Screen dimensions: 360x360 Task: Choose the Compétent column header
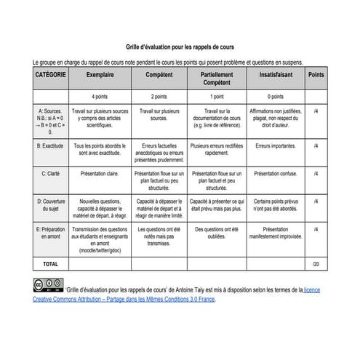click(x=159, y=76)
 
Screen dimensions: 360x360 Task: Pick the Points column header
click(x=316, y=76)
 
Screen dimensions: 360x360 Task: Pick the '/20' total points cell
click(x=316, y=263)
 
